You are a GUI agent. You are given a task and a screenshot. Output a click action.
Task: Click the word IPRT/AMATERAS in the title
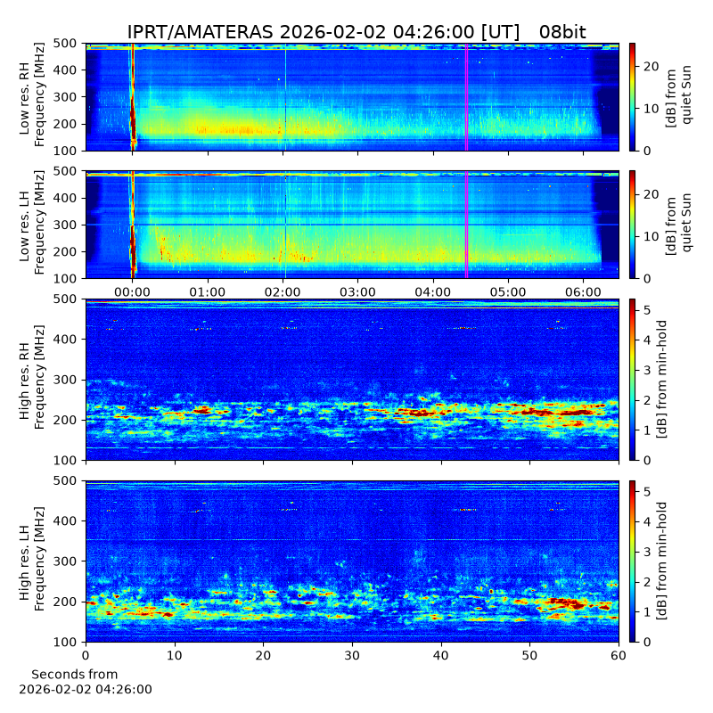click(x=200, y=32)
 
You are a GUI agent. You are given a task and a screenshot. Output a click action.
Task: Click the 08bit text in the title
click(x=562, y=32)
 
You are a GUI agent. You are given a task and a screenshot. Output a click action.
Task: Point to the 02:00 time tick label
click(x=283, y=291)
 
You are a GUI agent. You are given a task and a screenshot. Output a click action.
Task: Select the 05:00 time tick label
click(x=508, y=291)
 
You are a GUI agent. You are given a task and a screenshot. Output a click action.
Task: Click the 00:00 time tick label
click(x=132, y=291)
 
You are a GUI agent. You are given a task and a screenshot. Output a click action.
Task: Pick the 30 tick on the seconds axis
click(x=352, y=655)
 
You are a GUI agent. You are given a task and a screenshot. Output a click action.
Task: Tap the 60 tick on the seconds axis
click(x=619, y=655)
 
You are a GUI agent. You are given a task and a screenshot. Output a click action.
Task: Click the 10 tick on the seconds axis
click(x=174, y=655)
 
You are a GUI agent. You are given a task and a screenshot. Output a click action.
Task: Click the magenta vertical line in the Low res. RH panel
click(x=466, y=97)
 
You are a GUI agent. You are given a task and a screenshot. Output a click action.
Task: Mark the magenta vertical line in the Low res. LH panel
click(x=466, y=225)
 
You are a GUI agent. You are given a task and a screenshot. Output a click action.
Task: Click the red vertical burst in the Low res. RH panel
click(x=133, y=97)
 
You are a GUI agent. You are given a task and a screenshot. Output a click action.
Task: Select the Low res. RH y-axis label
click(x=32, y=97)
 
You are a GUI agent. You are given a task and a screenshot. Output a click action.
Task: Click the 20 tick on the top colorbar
click(x=652, y=66)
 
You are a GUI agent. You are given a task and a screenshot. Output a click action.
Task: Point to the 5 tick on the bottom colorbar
click(x=647, y=492)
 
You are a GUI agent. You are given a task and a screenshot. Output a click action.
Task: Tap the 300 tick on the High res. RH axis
click(x=64, y=380)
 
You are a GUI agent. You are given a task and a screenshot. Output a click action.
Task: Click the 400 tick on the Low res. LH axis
click(x=64, y=198)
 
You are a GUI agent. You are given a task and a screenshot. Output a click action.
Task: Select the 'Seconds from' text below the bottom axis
click(x=75, y=674)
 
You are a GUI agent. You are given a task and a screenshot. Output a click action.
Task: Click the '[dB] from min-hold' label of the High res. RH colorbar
click(x=662, y=380)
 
